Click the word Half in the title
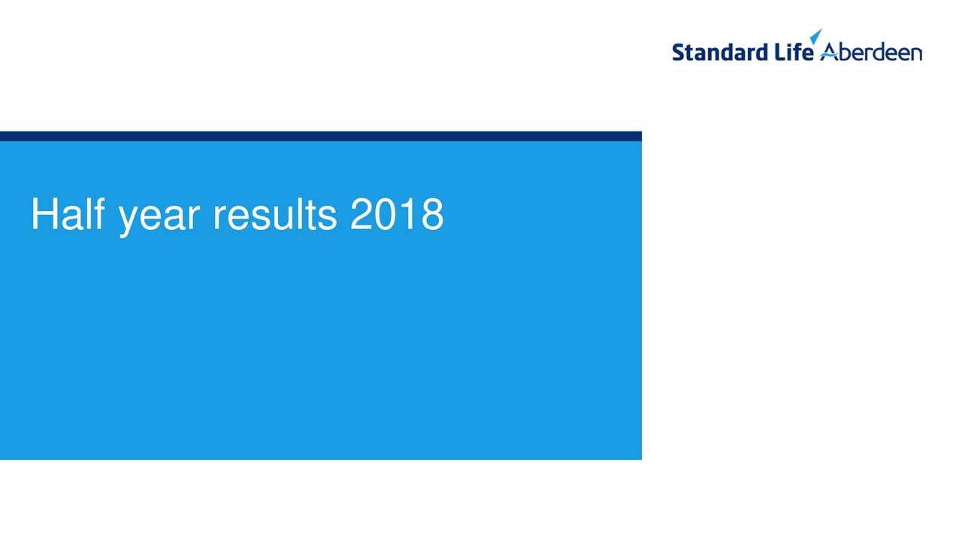(x=68, y=214)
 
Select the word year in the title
(x=159, y=219)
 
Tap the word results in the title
(x=275, y=214)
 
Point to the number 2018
(x=397, y=214)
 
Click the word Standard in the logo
(x=720, y=52)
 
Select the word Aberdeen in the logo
(x=871, y=53)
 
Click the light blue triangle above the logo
(x=816, y=36)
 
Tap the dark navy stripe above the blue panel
(x=321, y=136)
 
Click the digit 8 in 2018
(x=432, y=214)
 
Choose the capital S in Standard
(x=679, y=53)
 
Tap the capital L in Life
(x=781, y=52)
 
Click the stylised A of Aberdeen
(x=829, y=52)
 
